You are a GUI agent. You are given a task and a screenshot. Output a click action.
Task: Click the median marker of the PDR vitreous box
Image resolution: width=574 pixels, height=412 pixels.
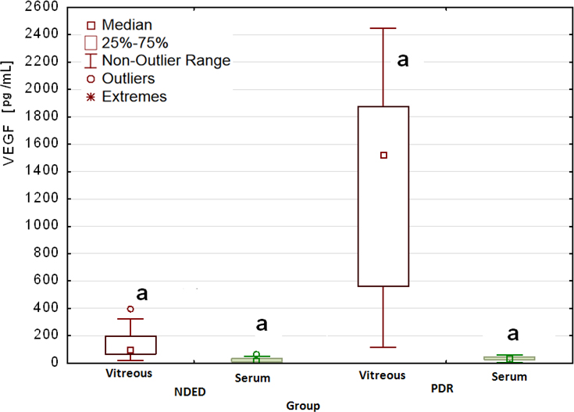pos(383,155)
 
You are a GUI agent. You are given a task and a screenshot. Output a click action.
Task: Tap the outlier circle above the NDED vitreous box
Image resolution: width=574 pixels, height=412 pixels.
pos(130,309)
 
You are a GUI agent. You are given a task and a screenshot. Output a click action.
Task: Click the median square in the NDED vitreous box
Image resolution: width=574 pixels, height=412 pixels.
pos(130,350)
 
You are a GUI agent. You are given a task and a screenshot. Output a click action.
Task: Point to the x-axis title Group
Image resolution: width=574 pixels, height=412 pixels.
pos(303,406)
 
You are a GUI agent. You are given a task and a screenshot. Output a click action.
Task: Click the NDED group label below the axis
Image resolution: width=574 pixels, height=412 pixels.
pos(191,392)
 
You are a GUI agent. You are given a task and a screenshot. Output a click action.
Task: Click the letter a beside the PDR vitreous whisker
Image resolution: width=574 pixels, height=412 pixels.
pos(403,59)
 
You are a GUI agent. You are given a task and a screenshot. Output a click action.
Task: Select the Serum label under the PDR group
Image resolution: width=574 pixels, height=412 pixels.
pos(509,377)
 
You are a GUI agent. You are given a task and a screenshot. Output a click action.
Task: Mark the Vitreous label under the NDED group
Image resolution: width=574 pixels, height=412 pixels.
pos(129,373)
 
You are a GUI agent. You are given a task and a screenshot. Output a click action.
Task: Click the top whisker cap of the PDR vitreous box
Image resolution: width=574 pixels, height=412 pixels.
pos(383,28)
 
